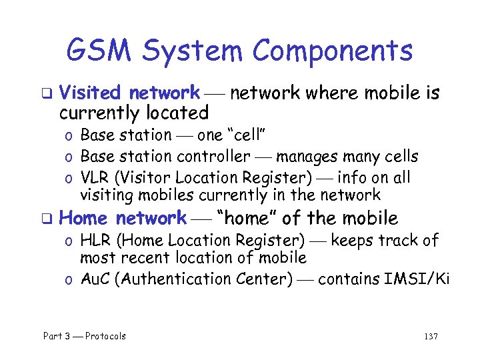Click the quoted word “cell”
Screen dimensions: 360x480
246,135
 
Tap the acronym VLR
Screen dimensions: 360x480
95,177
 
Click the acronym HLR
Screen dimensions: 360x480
95,239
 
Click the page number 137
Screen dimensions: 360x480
431,336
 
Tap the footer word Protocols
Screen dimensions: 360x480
105,336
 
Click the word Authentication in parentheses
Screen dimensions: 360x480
177,279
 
